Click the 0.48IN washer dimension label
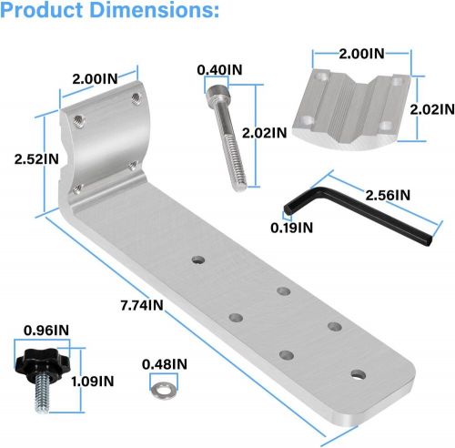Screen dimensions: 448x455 [x=165, y=364]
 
